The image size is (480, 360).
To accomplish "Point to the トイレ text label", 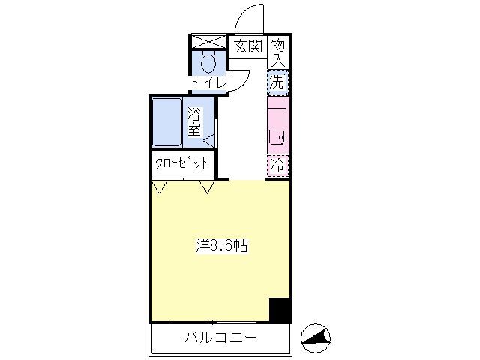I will coord(208,82).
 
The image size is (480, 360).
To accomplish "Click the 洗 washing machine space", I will coord(277,82).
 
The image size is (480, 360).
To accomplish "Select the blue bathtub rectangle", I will coord(166,122).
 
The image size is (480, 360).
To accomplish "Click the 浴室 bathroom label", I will coord(194,121).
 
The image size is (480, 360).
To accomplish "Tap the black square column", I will coord(280,310).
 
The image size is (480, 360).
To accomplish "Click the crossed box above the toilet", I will coord(208,42).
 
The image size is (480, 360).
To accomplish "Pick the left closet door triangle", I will coord(160,187).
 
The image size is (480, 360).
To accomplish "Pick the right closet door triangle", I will coord(207,187).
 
